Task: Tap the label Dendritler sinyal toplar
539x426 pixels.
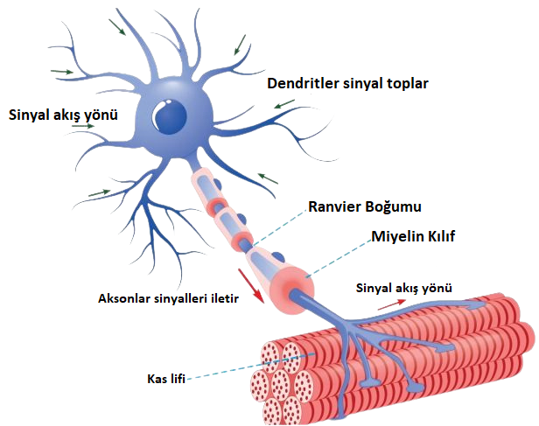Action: pos(348,85)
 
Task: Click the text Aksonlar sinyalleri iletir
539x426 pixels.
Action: pos(169,297)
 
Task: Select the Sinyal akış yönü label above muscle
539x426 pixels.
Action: pos(413,286)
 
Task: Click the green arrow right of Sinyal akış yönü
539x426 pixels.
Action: pos(83,127)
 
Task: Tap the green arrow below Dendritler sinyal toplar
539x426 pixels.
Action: pos(283,106)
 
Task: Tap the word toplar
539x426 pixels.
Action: pos(409,85)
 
